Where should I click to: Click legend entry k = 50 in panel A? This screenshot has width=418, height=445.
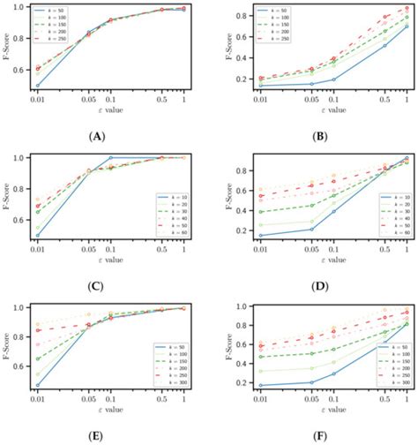click(49, 11)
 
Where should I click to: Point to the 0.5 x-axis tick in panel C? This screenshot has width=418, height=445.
click(162, 250)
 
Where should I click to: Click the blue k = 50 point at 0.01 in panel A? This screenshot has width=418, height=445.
click(36, 86)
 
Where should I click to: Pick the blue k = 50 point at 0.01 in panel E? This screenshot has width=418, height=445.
click(36, 385)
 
